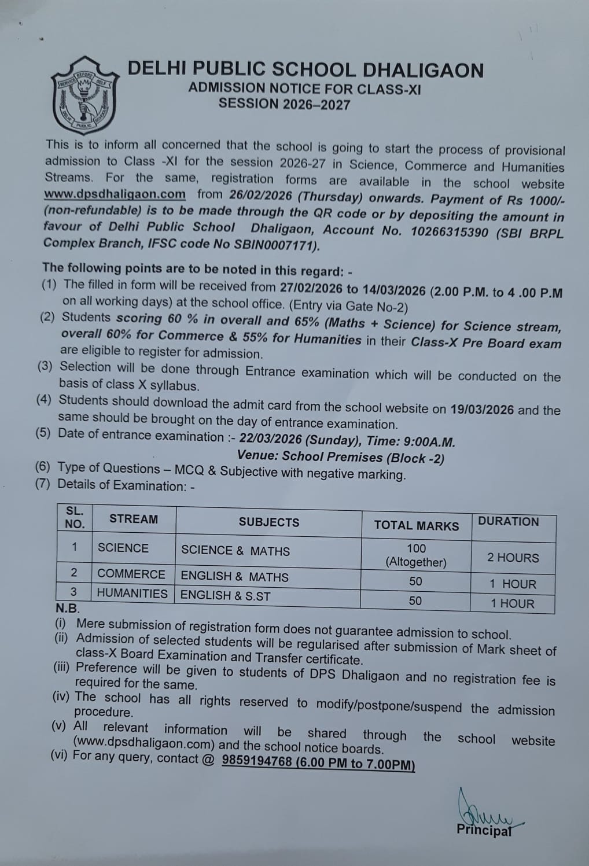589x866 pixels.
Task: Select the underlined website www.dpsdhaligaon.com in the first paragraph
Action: click(x=115, y=194)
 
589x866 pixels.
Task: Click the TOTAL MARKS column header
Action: click(x=416, y=525)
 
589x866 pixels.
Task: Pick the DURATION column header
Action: click(x=508, y=522)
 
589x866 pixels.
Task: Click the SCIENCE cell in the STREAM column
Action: click(x=123, y=548)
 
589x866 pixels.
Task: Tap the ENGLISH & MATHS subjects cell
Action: click(x=234, y=577)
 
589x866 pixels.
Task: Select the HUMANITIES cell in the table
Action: click(x=132, y=594)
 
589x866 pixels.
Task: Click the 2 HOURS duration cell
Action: click(x=513, y=558)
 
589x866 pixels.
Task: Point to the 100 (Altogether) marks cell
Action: click(x=416, y=555)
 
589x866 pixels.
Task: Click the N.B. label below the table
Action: click(x=67, y=609)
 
